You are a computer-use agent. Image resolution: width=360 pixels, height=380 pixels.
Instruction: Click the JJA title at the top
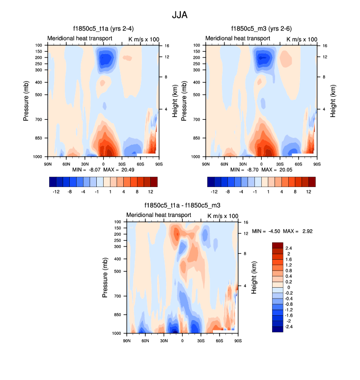(x=180, y=15)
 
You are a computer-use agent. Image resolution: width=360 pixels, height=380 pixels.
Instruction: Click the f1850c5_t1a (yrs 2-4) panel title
(x=103, y=29)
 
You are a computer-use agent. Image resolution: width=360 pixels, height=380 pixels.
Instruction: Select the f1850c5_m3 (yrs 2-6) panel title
(x=261, y=29)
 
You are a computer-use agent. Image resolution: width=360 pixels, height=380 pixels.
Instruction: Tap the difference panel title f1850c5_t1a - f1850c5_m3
(x=182, y=205)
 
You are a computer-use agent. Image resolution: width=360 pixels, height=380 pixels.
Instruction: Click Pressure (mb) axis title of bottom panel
(x=105, y=277)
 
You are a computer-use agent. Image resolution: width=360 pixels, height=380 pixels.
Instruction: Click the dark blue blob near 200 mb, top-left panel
(x=105, y=60)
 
